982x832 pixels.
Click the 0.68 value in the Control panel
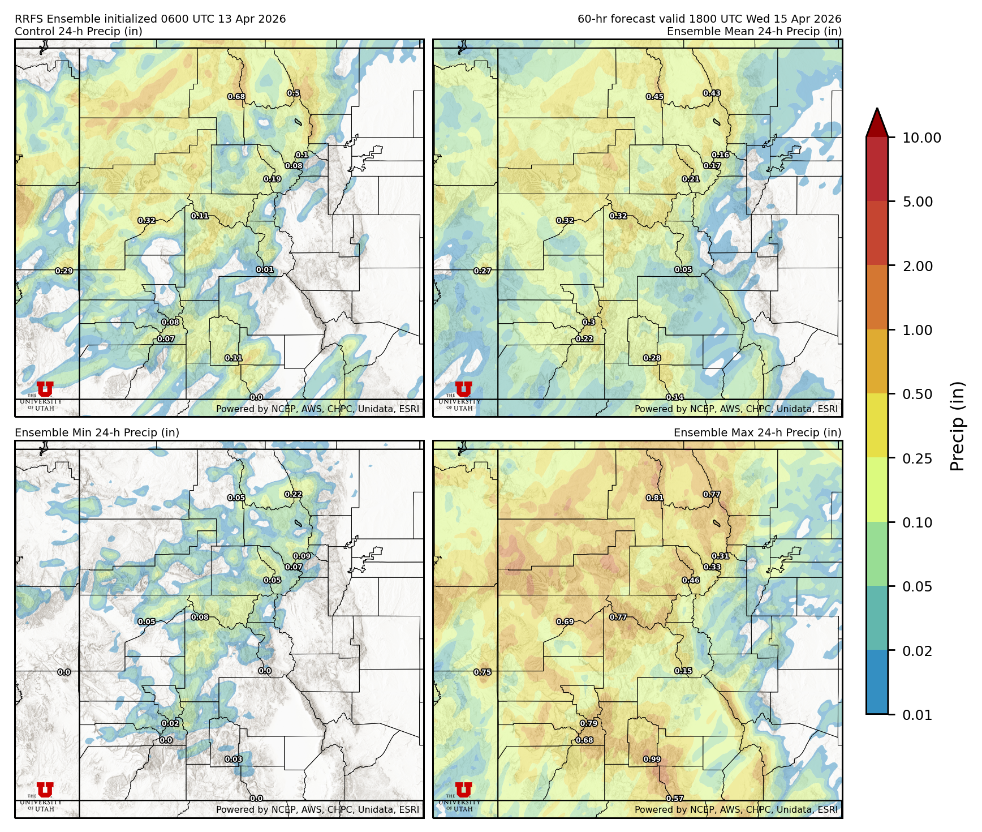point(236,97)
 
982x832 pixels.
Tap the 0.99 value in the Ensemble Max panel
point(652,760)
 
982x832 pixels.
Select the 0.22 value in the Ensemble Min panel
point(293,494)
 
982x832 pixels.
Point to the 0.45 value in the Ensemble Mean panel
point(655,97)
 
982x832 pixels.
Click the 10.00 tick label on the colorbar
point(921,138)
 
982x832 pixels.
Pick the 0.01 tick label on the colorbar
point(917,715)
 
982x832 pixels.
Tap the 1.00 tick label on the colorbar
point(917,330)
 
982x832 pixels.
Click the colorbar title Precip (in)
point(957,426)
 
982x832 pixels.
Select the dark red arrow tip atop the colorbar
point(877,121)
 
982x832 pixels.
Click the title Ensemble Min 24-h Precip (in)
point(97,432)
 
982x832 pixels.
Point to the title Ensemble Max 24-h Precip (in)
point(757,432)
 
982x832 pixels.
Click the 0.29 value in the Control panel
point(64,271)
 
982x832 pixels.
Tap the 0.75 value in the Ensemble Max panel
point(483,672)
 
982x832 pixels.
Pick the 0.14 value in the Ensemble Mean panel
point(675,397)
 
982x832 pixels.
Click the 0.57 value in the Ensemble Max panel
point(675,799)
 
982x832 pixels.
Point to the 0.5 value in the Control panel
point(293,93)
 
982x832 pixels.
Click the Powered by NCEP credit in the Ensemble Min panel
point(317,809)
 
